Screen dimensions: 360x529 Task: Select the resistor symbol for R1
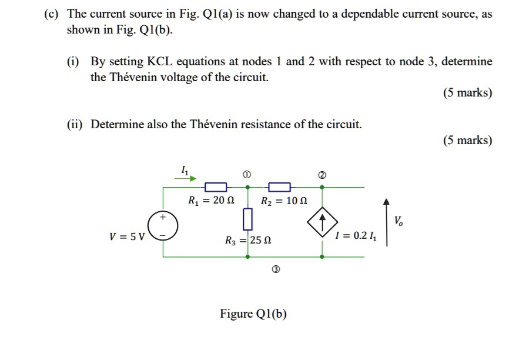pos(215,187)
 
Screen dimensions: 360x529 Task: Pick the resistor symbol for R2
pos(279,187)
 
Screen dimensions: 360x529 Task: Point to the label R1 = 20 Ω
pos(211,201)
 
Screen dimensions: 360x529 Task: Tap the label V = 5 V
pos(127,237)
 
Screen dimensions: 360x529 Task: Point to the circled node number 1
pos(247,175)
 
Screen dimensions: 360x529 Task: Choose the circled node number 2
pos(322,175)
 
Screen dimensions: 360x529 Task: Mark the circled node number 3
pos(276,270)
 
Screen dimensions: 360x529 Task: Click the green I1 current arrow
pos(188,178)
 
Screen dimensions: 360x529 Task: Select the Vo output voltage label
pos(399,221)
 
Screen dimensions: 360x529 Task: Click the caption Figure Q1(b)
pos(253,314)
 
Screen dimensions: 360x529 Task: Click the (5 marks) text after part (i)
pos(468,93)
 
